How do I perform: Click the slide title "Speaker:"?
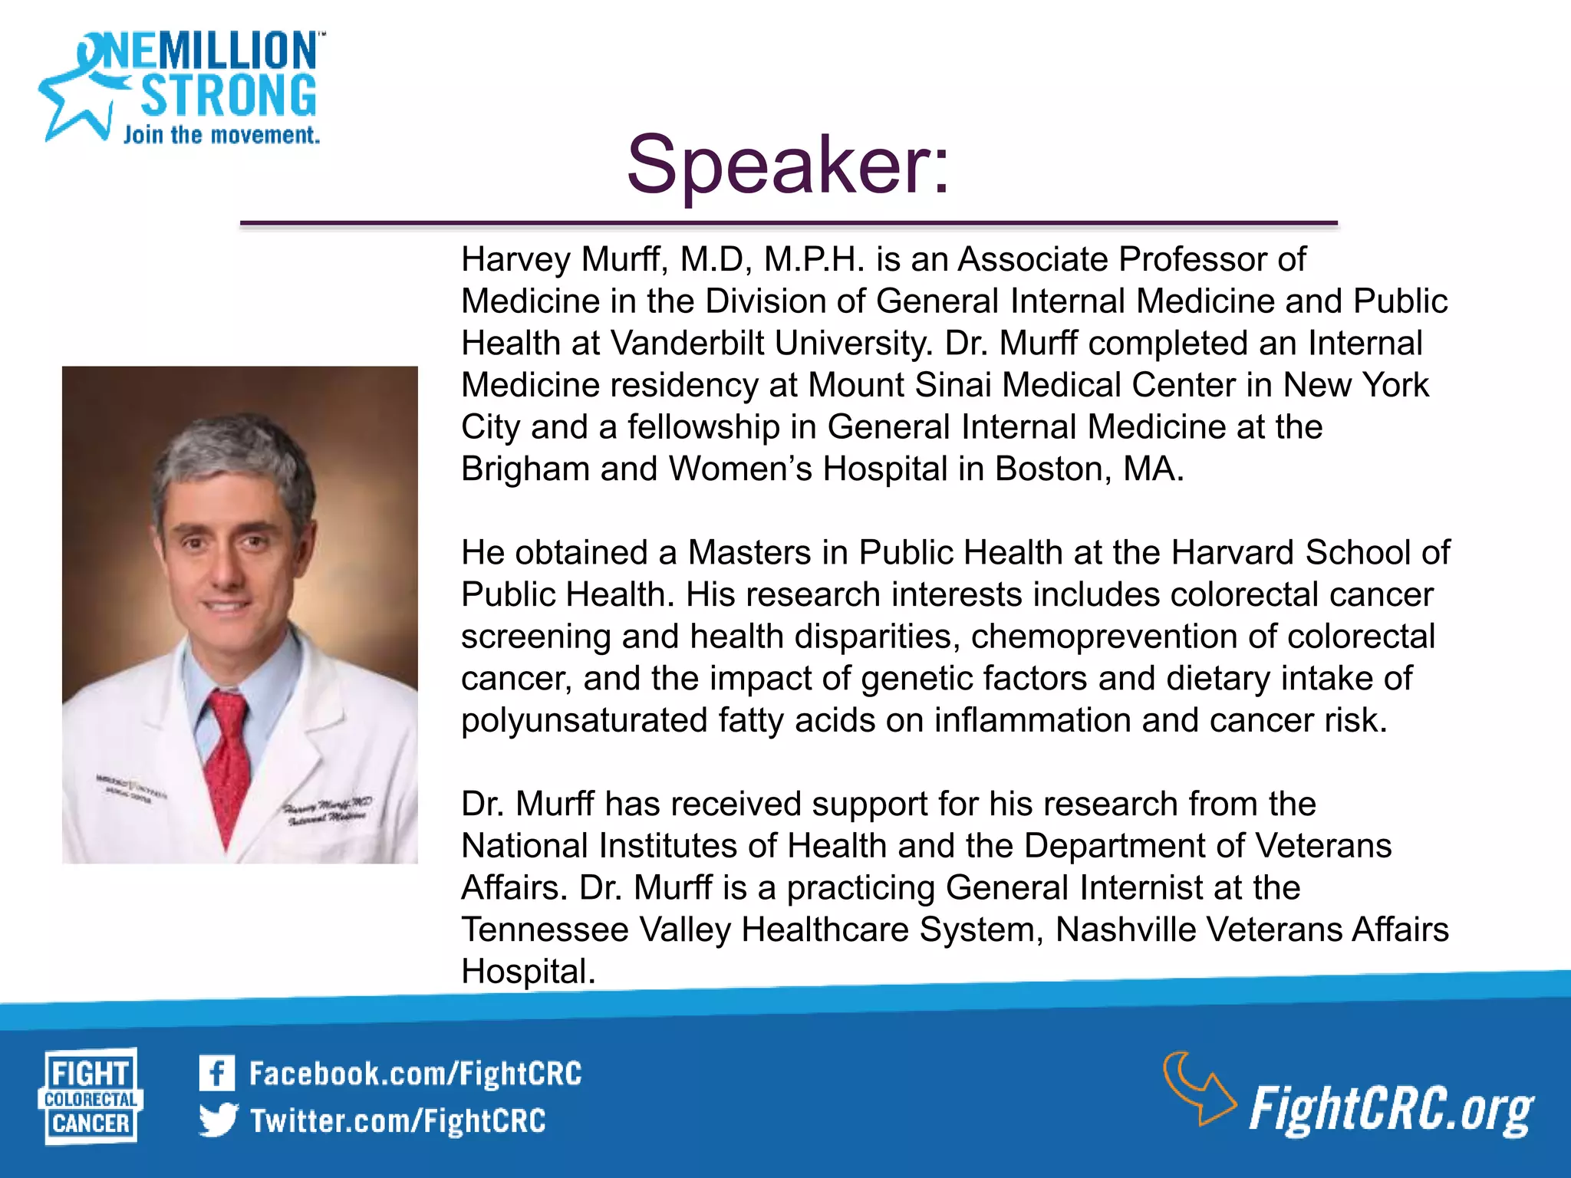(788, 165)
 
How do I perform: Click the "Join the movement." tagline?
(221, 136)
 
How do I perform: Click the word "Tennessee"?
(545, 930)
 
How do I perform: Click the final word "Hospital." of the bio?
(528, 972)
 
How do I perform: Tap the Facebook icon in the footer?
(216, 1073)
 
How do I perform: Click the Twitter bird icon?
(218, 1120)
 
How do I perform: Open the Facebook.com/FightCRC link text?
(415, 1074)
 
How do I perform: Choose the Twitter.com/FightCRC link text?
(397, 1120)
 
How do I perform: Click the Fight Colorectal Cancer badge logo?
(91, 1097)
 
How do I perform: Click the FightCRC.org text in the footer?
(1390, 1109)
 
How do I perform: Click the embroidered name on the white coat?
(328, 811)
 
